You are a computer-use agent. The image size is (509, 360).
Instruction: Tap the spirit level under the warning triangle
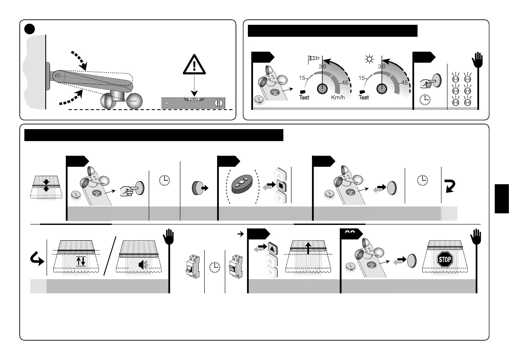coord(193,103)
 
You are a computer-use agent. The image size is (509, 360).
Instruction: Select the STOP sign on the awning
coord(444,259)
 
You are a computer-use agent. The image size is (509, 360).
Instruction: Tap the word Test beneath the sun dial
coord(364,97)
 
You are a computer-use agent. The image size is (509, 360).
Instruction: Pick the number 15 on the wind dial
coord(302,78)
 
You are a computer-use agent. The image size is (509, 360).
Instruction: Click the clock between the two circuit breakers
coord(215,266)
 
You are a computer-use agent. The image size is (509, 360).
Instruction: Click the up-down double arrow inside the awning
coord(81,261)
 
